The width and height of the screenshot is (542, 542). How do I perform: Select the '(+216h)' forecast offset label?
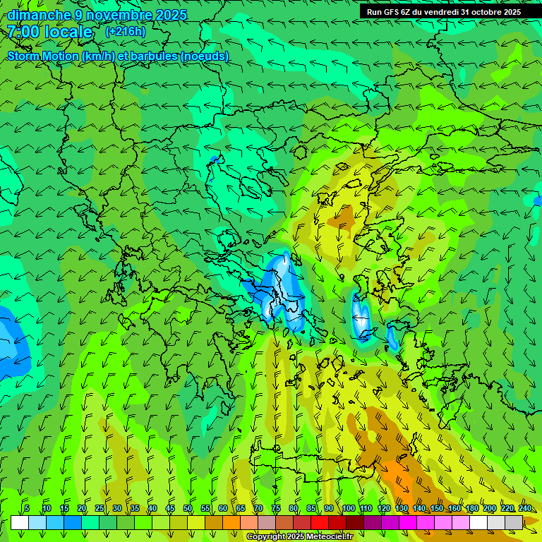click(125, 32)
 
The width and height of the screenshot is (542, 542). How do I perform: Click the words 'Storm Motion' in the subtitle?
click(42, 56)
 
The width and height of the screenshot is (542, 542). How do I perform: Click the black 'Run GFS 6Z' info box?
click(450, 11)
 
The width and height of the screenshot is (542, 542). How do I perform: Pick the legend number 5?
click(27, 508)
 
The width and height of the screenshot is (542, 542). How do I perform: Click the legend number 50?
click(188, 508)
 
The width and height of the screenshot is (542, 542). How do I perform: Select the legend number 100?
click(348, 508)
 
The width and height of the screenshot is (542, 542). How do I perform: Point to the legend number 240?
click(524, 508)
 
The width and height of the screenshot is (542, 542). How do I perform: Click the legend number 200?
click(489, 508)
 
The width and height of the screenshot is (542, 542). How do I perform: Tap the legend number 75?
click(276, 508)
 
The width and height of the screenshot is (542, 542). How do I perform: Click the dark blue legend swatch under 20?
click(73, 522)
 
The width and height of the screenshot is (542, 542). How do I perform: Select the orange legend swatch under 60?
click(231, 522)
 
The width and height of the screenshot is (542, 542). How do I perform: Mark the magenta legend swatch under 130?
click(408, 522)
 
